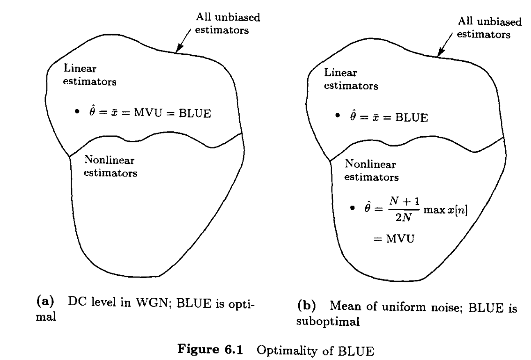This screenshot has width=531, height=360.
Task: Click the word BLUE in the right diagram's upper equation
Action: point(411,117)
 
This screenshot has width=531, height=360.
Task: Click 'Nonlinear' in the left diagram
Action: point(109,160)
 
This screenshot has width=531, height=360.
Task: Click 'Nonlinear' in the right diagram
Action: point(370,165)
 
